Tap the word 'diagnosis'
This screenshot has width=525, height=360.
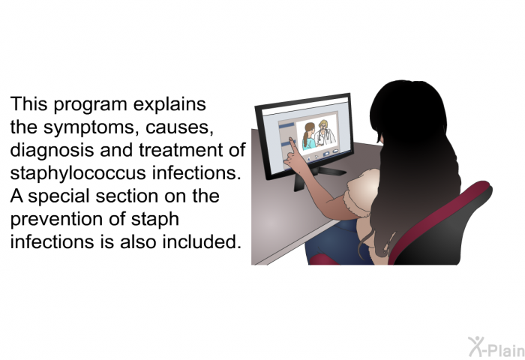coord(52,150)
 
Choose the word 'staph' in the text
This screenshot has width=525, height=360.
coord(154,219)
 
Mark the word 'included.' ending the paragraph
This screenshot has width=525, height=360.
coord(202,241)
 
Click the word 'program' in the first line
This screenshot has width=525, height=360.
coord(90,105)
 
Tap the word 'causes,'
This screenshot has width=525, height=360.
coord(179,128)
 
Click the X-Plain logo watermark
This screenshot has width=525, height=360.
coord(496,347)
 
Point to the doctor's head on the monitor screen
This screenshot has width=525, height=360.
coord(323,125)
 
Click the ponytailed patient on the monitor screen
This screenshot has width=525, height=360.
coord(309,136)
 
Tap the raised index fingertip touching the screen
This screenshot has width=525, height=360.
coord(292,141)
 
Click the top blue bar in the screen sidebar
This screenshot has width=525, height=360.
coord(286,125)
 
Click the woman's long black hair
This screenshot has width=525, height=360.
coord(415,160)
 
